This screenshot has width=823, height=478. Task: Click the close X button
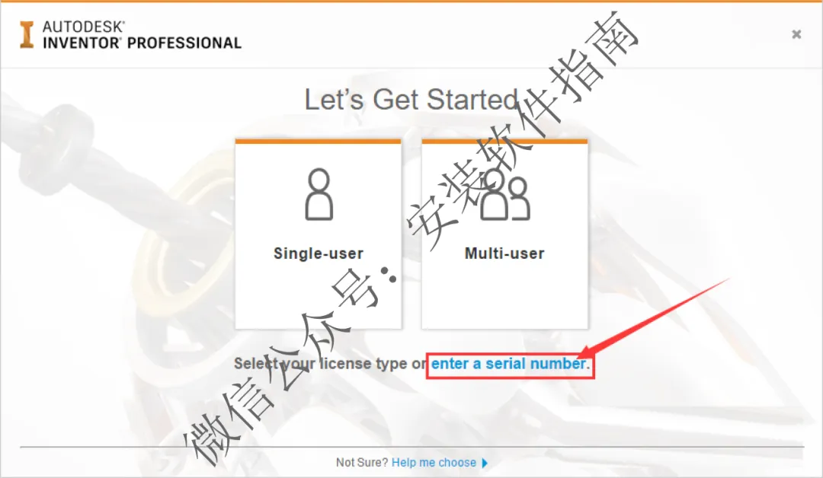796,34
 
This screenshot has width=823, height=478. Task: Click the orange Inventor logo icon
26,34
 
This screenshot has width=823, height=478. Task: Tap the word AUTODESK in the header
84,27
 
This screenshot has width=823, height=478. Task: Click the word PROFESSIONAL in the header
184,43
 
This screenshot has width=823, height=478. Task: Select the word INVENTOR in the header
82,43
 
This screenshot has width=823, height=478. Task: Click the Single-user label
319,253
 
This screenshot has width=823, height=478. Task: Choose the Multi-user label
504,253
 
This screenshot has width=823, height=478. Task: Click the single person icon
319,194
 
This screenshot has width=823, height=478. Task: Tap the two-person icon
505,194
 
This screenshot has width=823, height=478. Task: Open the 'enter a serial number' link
510,364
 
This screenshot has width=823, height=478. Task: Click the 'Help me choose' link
434,462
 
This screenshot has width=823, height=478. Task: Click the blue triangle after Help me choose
485,463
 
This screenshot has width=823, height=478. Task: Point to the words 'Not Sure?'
362,462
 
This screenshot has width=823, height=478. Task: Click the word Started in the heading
472,99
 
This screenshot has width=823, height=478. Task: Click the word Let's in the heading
334,99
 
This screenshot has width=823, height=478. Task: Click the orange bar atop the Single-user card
318,141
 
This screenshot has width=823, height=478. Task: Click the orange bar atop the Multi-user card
504,141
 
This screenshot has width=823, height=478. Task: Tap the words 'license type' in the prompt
363,364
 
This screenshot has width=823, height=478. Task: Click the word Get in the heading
395,99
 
